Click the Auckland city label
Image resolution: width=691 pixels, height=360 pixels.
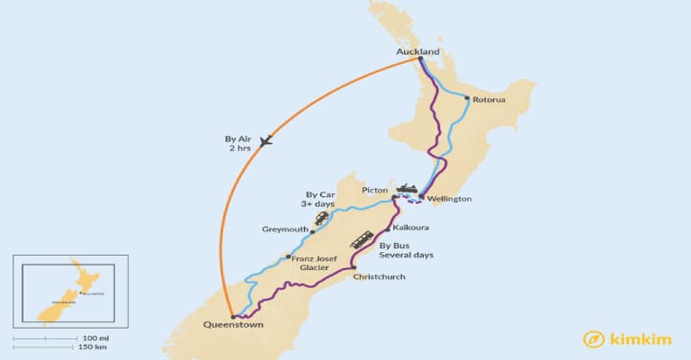417,51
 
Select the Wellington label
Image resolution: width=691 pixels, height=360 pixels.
449,199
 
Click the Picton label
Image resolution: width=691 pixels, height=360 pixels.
374,191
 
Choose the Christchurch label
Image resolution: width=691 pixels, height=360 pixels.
381,276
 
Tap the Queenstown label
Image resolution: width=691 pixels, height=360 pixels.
235,326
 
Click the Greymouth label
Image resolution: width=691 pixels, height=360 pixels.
285,229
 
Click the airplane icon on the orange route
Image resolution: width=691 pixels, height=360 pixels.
265,140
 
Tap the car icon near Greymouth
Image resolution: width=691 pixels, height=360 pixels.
321,219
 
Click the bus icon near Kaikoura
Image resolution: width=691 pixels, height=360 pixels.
363,239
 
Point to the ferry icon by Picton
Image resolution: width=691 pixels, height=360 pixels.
407,189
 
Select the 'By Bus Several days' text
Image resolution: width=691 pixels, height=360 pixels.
406,249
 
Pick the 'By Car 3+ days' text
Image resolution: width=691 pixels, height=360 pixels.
320,199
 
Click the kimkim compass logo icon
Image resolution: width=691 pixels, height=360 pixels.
592,338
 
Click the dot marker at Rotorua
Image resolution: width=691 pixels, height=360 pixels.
467,98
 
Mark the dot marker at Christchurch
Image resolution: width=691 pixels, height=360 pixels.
354,267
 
